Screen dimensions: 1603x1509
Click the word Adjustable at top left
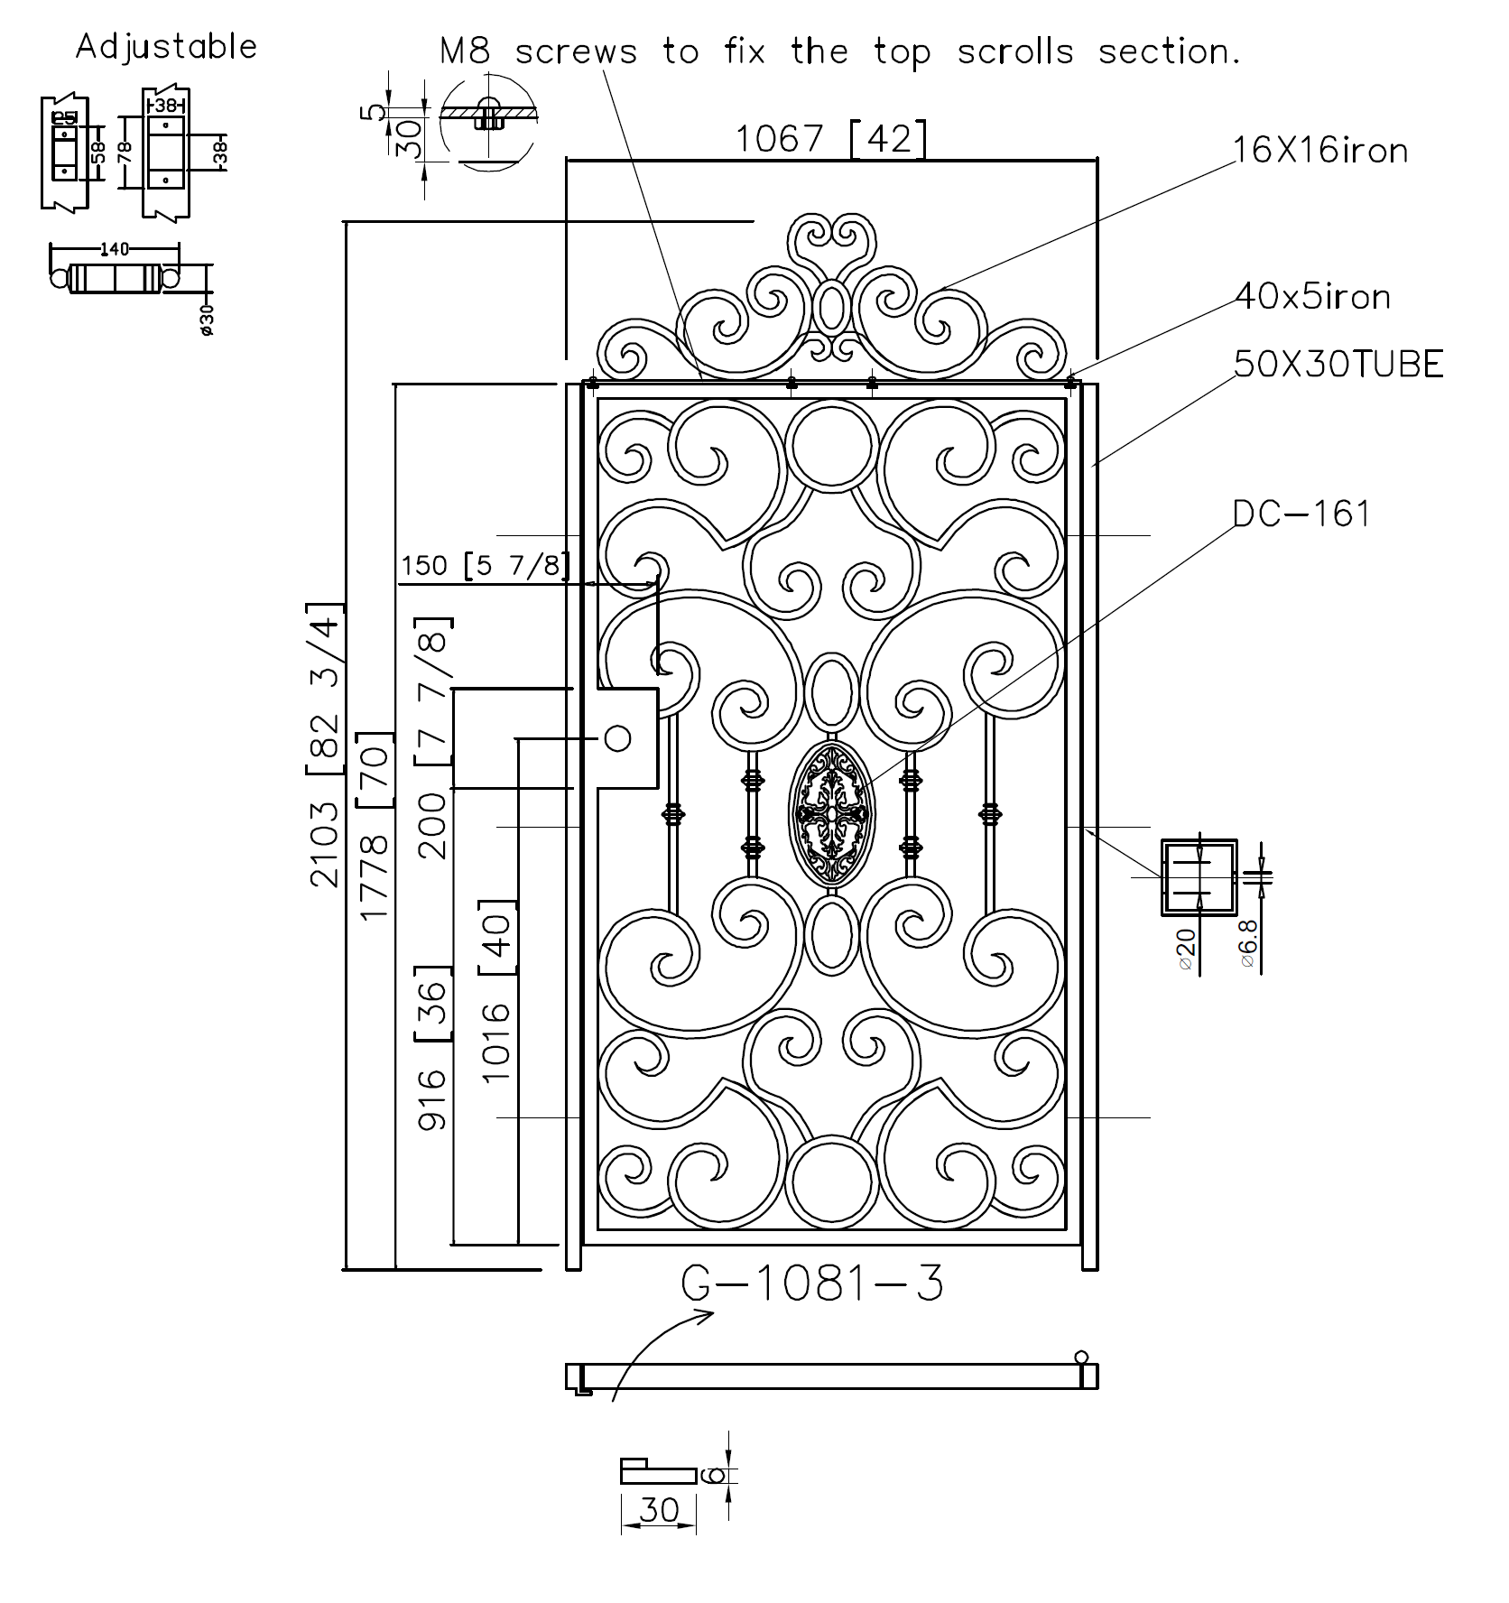point(166,46)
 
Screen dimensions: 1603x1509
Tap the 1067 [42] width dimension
point(829,138)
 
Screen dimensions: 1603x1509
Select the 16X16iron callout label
point(1319,150)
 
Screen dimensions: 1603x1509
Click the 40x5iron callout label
point(1312,296)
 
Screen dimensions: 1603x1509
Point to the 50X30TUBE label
point(1338,365)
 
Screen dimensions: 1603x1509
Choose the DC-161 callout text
point(1301,514)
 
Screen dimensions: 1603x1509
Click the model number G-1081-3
point(812,1283)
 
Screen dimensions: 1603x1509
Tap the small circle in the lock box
point(617,738)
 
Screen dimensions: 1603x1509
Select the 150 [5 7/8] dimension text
point(486,566)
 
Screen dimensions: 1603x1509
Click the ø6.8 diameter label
point(1248,944)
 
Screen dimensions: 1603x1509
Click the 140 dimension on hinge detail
point(114,248)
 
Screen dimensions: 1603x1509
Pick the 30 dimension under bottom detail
point(658,1509)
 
